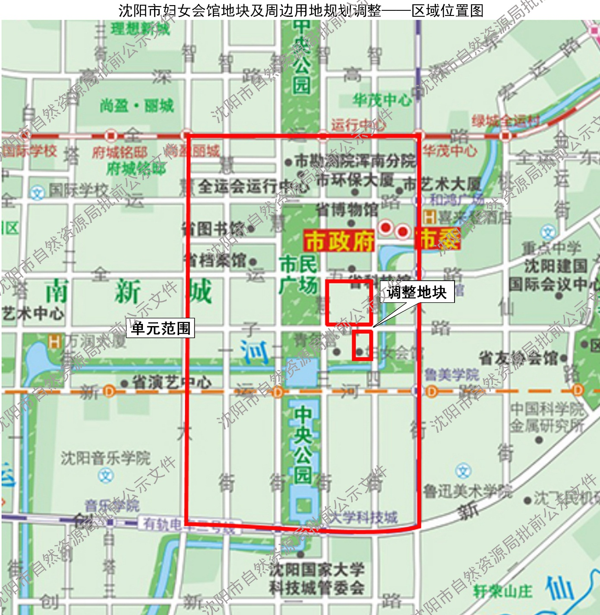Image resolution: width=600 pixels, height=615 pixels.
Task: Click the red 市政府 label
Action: pos(339,241)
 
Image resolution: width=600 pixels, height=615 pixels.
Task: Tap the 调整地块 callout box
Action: pos(417,292)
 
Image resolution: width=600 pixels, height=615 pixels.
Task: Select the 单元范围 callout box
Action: pos(161,328)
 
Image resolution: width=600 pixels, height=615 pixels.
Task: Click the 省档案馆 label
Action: pos(215,260)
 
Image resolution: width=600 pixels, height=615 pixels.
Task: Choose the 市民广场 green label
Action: pos(298,274)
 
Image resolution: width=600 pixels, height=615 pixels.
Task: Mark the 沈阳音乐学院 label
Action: pos(106,458)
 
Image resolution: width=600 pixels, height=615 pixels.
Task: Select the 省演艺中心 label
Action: pos(172,382)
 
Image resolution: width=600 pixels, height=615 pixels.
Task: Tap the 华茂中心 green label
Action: pos(382,100)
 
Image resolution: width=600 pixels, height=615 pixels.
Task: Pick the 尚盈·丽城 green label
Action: pos(137,105)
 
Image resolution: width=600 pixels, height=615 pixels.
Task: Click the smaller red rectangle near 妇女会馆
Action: pos(362,345)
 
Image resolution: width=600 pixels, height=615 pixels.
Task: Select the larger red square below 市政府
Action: pos(349,302)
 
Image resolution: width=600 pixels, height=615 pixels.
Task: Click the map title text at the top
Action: pos(301,10)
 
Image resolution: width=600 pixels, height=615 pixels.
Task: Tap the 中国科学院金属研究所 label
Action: pos(547,417)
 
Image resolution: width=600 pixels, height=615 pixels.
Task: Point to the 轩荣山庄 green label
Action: pos(503,591)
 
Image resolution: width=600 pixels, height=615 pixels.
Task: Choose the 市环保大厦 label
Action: pos(355,180)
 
